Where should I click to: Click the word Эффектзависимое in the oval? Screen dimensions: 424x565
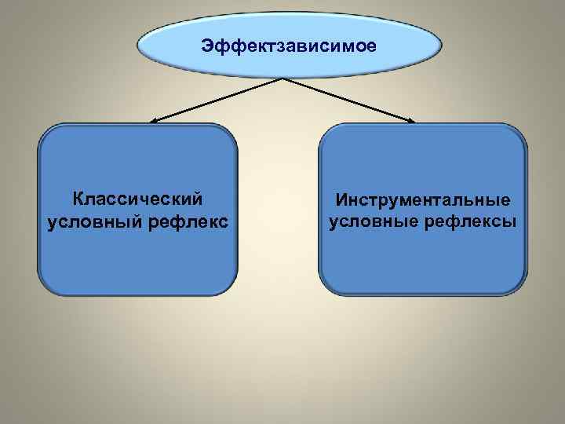289,46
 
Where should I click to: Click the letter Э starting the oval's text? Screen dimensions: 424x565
206,46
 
